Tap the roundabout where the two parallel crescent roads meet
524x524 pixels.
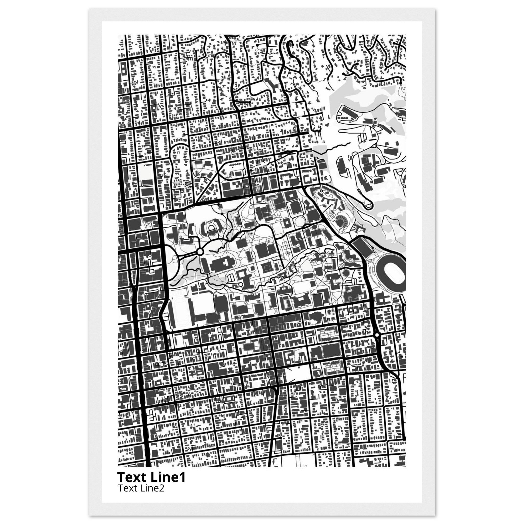point(200,252)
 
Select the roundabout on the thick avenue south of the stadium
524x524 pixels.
point(376,335)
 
